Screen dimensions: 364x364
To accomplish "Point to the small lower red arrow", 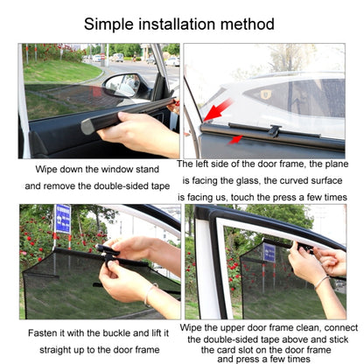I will (234, 138).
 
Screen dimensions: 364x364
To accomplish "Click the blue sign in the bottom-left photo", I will (62, 218).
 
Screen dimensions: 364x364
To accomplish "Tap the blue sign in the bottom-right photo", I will (269, 254).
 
